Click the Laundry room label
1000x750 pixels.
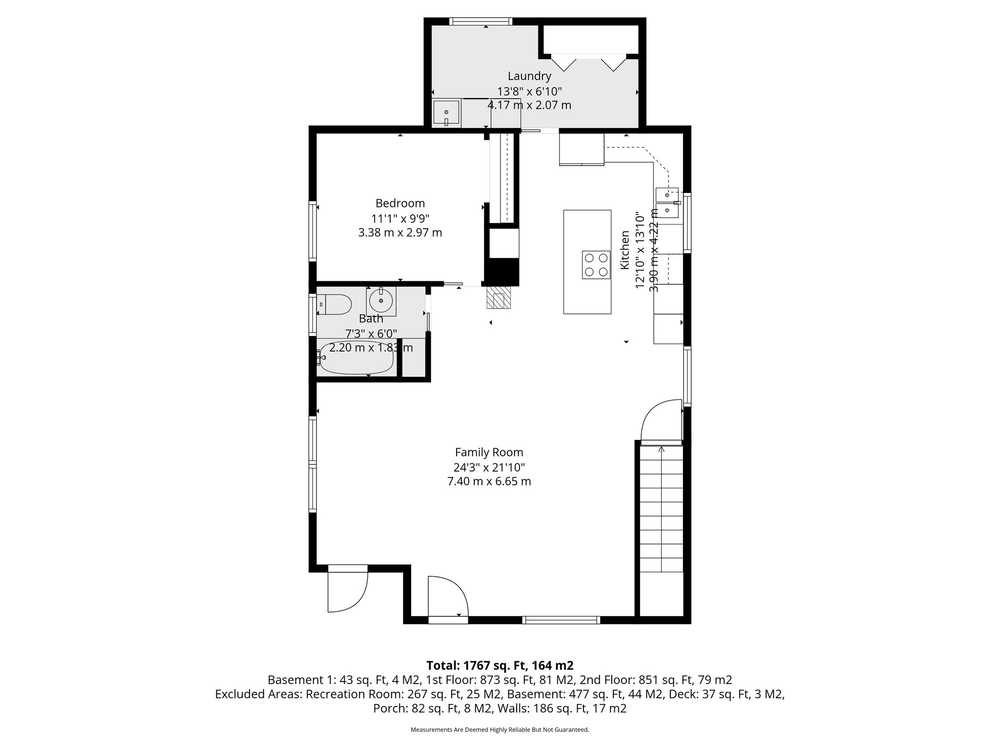(x=529, y=76)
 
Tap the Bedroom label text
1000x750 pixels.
(x=400, y=203)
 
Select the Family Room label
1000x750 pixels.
(x=489, y=452)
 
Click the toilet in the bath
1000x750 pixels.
(x=336, y=305)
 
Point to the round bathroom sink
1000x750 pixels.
(x=381, y=301)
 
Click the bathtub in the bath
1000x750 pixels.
(x=356, y=362)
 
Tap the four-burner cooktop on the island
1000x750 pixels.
(x=596, y=265)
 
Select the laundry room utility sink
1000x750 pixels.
(x=446, y=113)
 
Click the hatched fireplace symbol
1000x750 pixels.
(x=499, y=297)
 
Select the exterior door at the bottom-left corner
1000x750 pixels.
(x=347, y=590)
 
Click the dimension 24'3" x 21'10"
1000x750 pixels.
(x=489, y=467)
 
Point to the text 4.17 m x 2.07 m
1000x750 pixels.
(x=529, y=105)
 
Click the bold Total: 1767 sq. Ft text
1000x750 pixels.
(x=500, y=666)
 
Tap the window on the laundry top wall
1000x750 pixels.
(x=480, y=21)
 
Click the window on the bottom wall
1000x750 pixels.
(x=561, y=620)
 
